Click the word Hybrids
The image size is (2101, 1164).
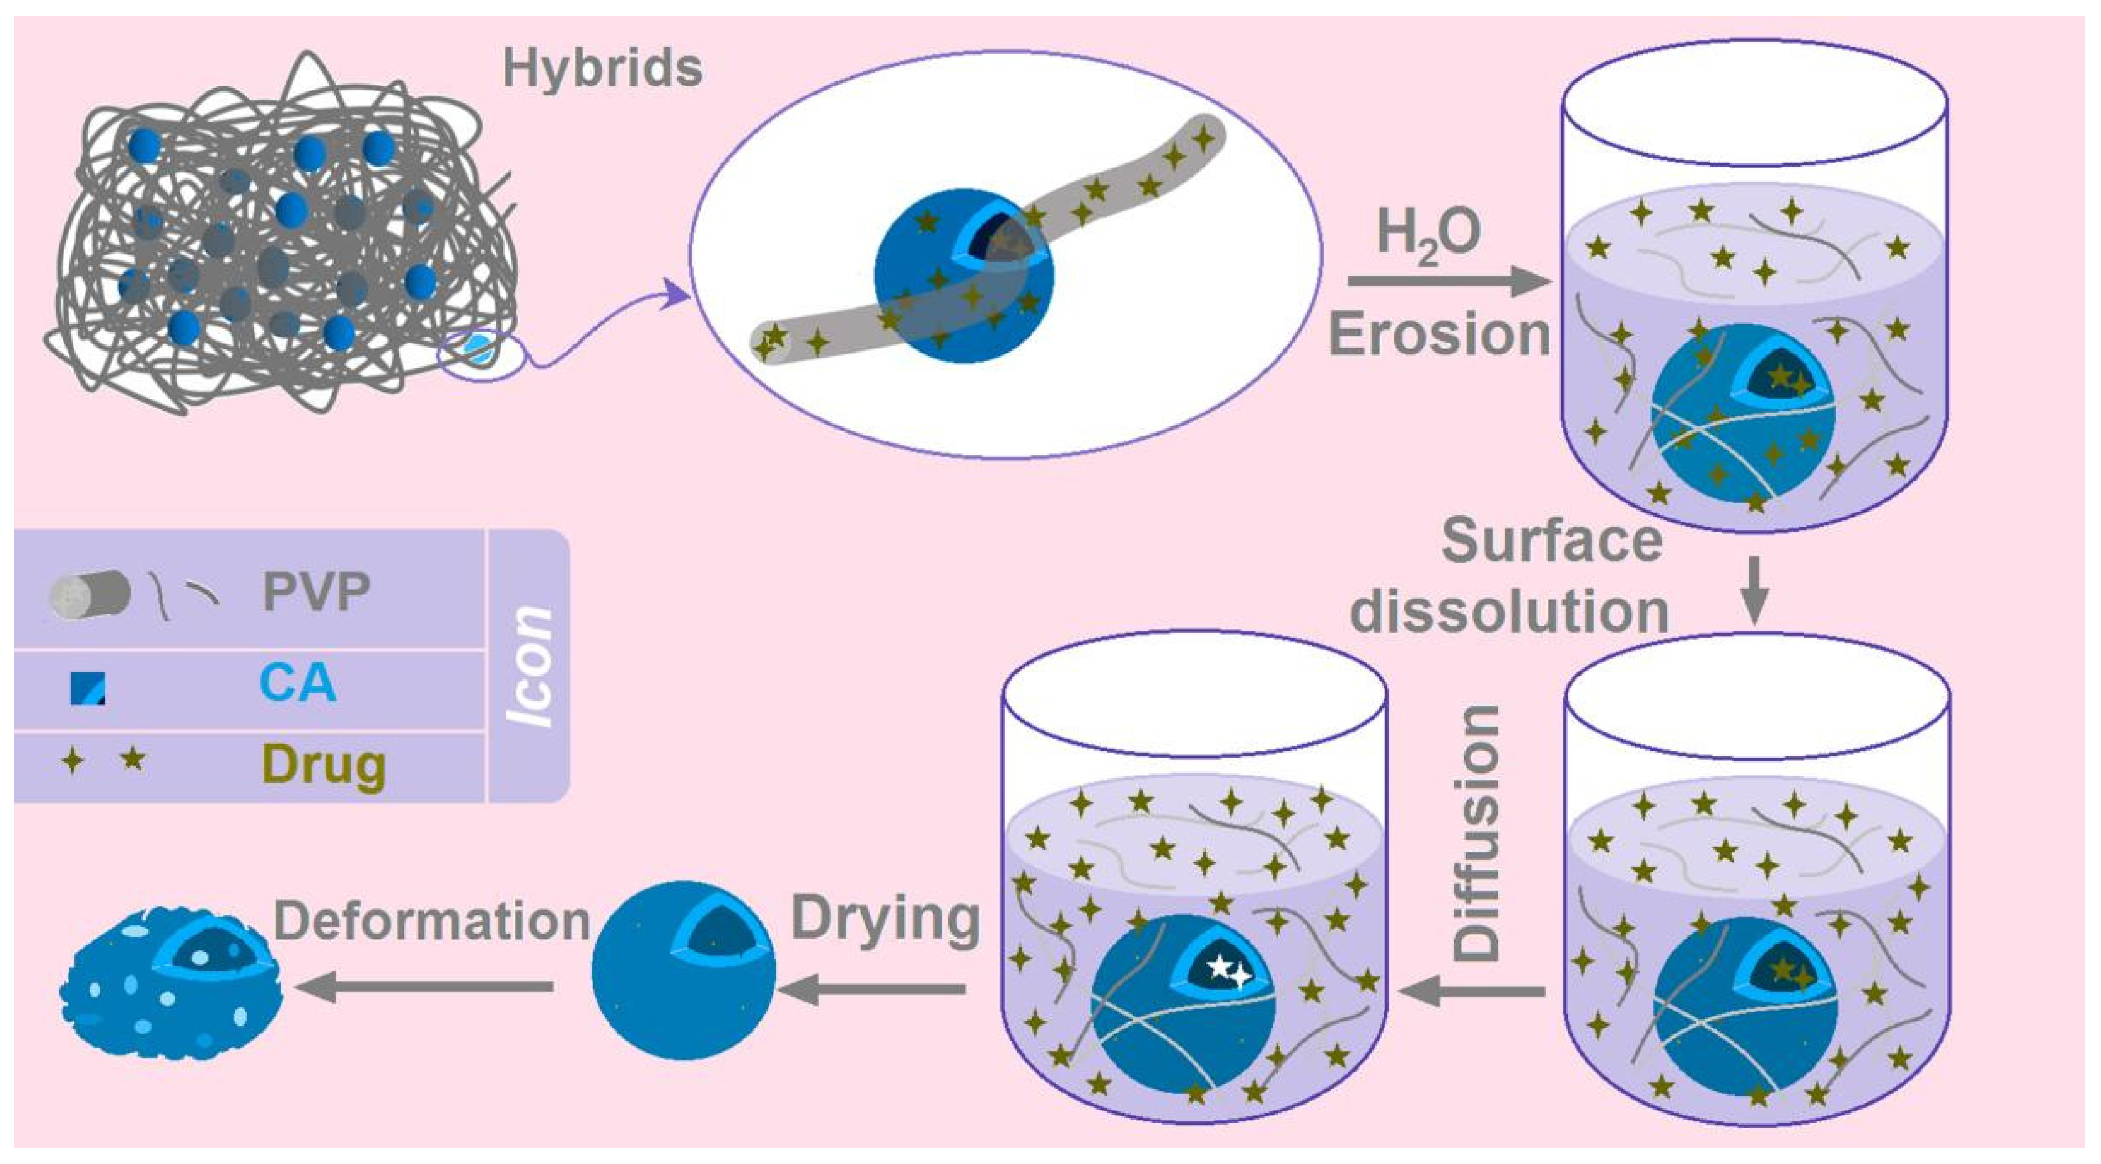602,68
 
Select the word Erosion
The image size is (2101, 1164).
1439,334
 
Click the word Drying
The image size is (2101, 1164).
885,919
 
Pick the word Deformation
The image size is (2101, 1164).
431,921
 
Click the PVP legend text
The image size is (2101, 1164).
316,591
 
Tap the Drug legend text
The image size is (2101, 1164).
324,765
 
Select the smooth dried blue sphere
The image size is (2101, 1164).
684,971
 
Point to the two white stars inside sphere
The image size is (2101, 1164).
1228,971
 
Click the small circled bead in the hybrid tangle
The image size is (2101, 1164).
477,350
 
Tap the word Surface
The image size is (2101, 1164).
1552,541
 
